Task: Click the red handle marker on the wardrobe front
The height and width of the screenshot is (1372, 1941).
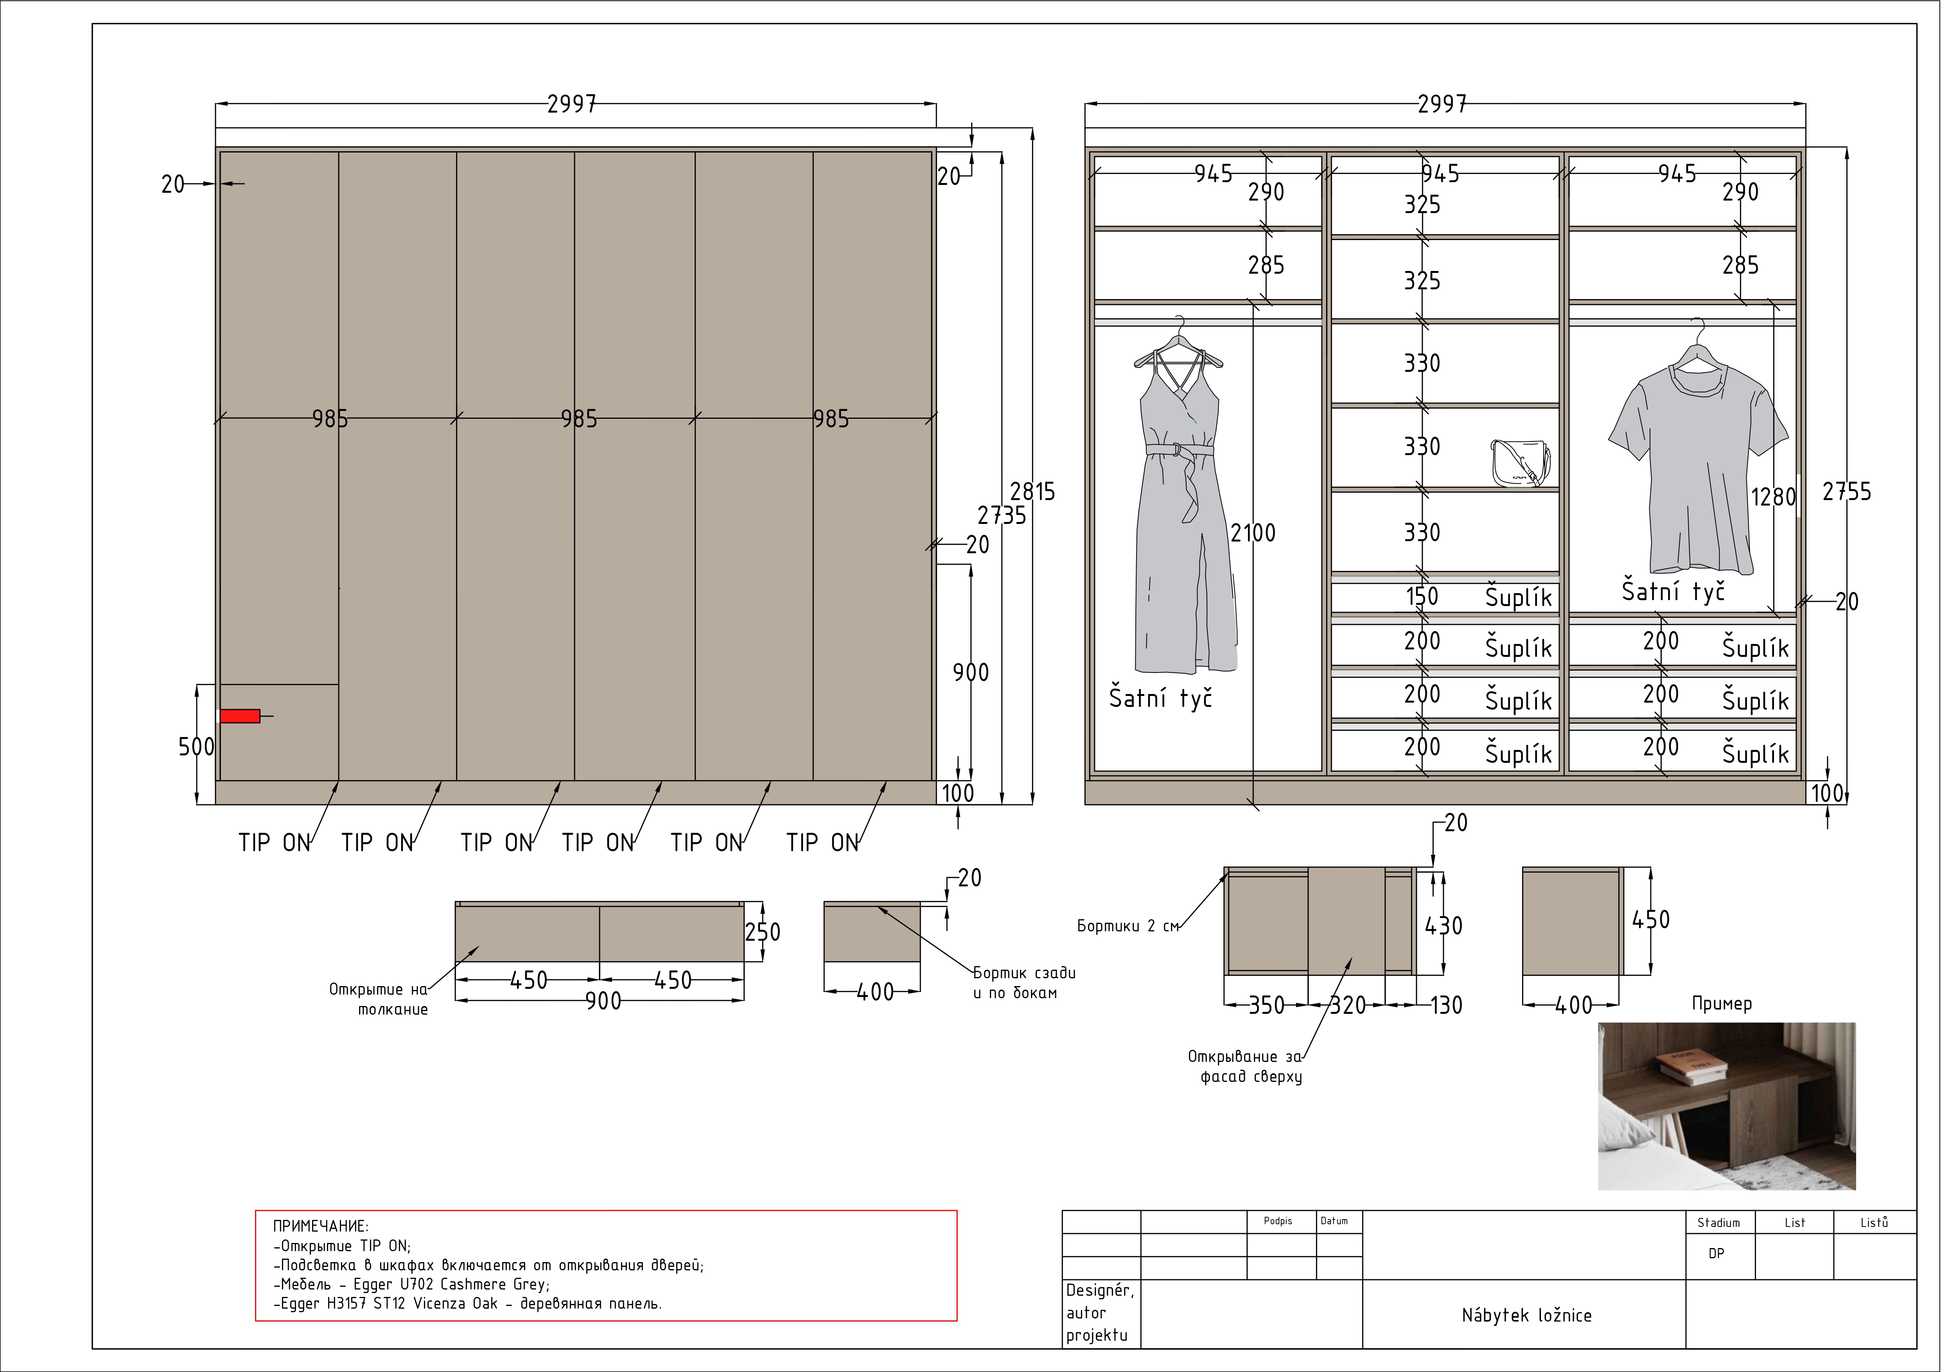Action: [x=240, y=716]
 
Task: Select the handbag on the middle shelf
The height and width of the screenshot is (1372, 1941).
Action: [x=1520, y=463]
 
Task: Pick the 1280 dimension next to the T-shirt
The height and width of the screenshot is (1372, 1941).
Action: [x=1773, y=497]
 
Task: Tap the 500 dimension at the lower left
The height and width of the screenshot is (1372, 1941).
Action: [x=196, y=746]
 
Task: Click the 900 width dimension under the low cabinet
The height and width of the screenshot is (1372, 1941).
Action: [x=603, y=1001]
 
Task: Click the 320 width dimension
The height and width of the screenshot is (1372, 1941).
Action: [x=1348, y=1005]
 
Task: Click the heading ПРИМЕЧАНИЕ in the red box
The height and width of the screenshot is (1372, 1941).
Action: [x=320, y=1226]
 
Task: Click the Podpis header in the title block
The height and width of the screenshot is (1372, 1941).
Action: [x=1278, y=1221]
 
